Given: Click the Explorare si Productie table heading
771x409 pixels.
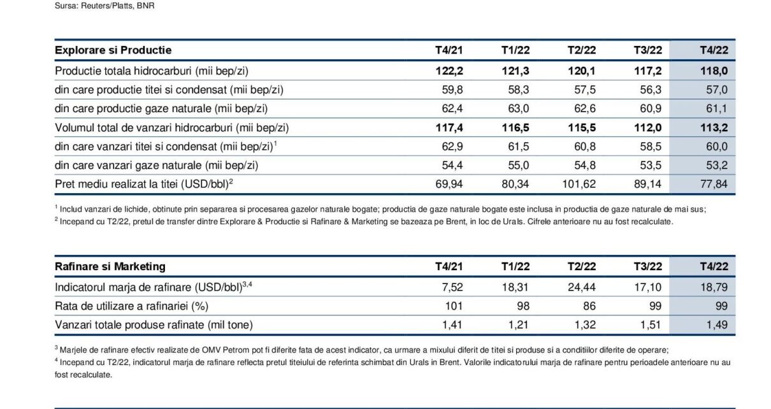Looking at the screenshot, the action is (x=113, y=50).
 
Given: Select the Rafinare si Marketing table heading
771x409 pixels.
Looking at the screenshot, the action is (x=110, y=266).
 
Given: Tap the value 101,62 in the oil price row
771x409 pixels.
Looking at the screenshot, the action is (x=579, y=184).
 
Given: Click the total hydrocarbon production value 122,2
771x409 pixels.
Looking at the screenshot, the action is (x=449, y=71).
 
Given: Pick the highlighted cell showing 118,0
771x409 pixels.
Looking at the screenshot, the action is (x=714, y=71).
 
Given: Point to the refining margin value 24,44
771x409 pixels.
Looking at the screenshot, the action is (x=581, y=287).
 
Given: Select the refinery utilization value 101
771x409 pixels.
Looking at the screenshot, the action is (x=454, y=306).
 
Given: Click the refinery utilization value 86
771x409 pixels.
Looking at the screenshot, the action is (x=589, y=306).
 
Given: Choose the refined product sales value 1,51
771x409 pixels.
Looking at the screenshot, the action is (x=650, y=325).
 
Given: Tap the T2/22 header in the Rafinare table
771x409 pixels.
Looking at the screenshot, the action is (x=581, y=266).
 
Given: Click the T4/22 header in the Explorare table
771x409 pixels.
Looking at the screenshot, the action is (x=714, y=50).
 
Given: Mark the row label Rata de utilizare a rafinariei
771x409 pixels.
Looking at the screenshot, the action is (x=131, y=306).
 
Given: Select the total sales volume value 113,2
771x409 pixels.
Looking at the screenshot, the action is (x=714, y=127).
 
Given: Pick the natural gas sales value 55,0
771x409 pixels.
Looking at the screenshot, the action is (x=519, y=166).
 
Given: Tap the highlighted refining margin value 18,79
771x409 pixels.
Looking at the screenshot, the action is (x=714, y=287).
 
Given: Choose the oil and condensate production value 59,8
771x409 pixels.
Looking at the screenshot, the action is (x=452, y=90).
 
